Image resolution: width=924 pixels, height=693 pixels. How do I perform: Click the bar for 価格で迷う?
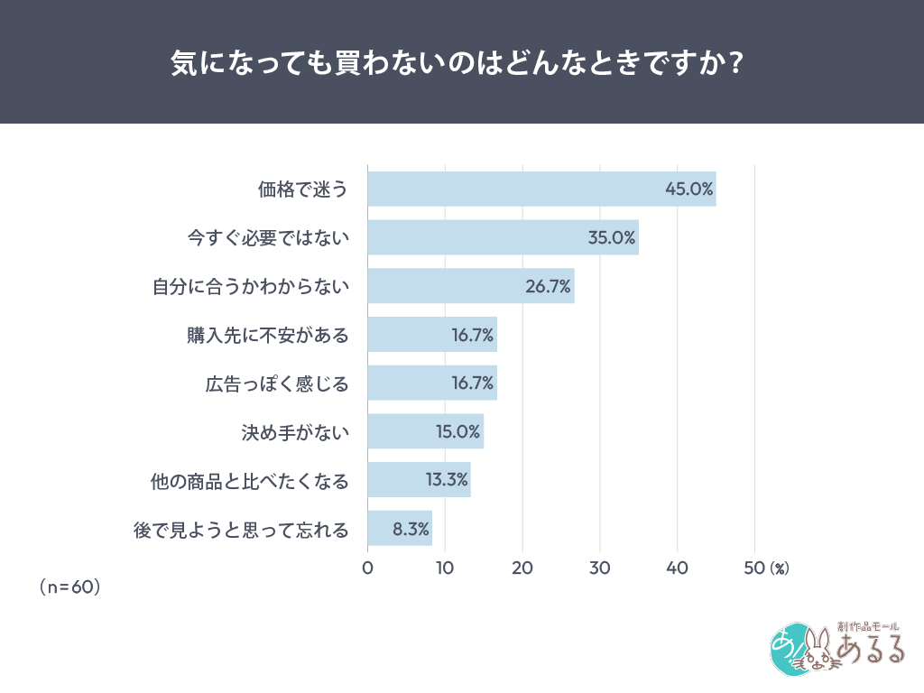click(x=541, y=189)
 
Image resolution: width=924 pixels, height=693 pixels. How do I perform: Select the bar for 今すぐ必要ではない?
click(x=503, y=237)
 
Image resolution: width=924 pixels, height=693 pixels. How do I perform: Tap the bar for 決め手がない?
click(x=425, y=431)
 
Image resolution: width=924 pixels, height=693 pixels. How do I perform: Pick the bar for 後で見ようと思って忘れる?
click(x=400, y=529)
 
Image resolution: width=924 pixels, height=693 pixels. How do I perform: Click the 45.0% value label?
click(x=689, y=189)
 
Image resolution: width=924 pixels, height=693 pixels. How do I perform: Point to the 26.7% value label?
click(x=548, y=287)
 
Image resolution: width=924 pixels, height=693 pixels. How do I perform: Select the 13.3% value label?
click(x=447, y=480)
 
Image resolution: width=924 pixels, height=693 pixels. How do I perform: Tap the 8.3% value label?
click(x=411, y=529)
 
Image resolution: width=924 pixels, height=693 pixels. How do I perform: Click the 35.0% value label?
click(x=612, y=238)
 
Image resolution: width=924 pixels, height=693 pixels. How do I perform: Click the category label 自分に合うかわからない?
click(x=250, y=287)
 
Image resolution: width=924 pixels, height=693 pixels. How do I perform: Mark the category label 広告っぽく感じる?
click(x=276, y=384)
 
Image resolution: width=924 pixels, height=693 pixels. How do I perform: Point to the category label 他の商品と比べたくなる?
click(x=250, y=480)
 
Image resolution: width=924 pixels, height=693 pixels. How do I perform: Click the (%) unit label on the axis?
click(x=780, y=568)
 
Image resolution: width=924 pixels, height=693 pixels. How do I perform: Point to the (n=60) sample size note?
click(x=69, y=587)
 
